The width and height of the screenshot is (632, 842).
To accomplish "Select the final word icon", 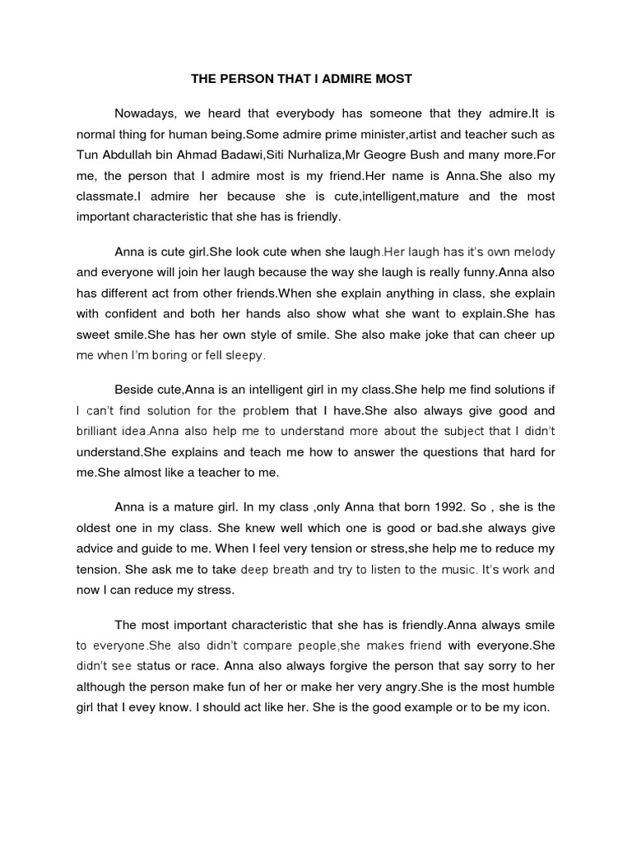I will click(532, 706).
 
